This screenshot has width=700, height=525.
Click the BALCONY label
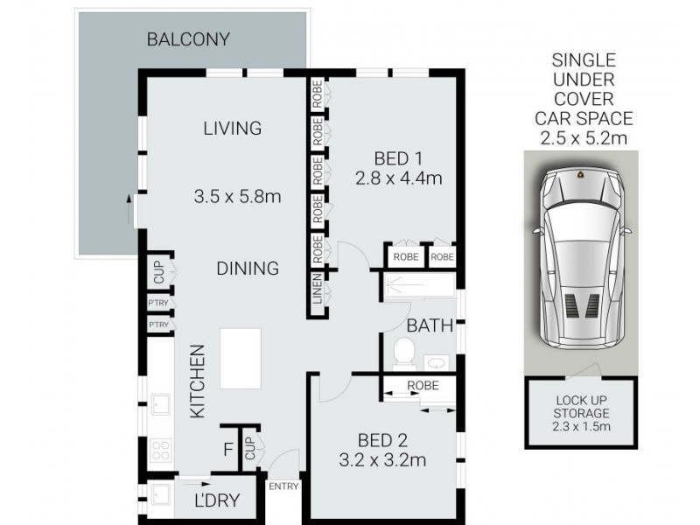(188, 39)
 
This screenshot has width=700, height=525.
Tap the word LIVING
(232, 129)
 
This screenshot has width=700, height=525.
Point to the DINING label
(248, 269)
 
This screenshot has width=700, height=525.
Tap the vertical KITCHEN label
(198, 381)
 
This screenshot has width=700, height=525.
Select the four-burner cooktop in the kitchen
(161, 451)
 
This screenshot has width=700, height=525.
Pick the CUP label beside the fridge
(249, 448)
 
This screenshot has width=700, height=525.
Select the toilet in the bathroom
(403, 353)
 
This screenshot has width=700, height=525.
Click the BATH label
(429, 325)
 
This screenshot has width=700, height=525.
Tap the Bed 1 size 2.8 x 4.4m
(399, 170)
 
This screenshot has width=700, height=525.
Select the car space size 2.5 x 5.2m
(584, 137)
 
